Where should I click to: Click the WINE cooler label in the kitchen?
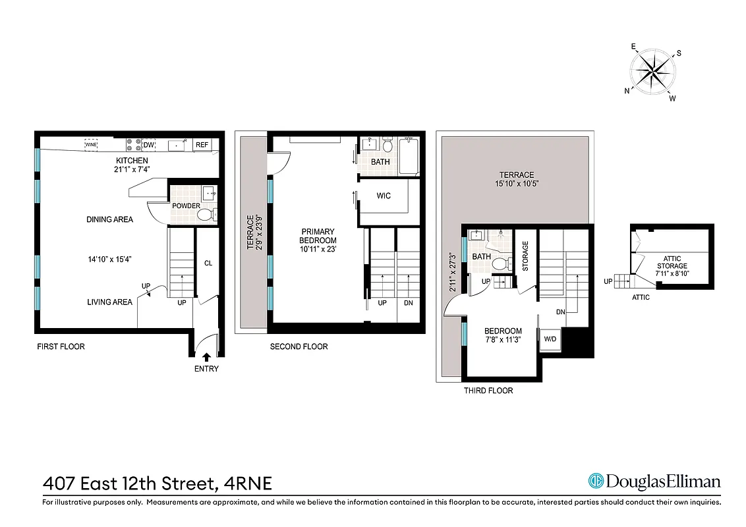(x=91, y=144)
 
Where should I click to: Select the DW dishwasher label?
(x=149, y=144)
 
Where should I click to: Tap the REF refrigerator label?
(x=202, y=144)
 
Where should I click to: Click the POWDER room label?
(x=186, y=206)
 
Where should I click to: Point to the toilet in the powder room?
(x=206, y=215)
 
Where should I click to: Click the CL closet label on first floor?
(x=208, y=263)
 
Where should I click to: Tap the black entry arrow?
(x=207, y=356)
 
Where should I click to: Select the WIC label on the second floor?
(x=385, y=196)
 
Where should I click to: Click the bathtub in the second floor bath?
(x=408, y=155)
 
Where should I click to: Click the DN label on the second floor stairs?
(x=409, y=303)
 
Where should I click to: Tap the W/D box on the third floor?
(x=550, y=339)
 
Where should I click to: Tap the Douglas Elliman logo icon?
(x=596, y=482)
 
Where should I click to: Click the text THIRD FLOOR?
(x=488, y=391)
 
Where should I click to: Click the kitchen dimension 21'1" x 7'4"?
(x=132, y=169)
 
